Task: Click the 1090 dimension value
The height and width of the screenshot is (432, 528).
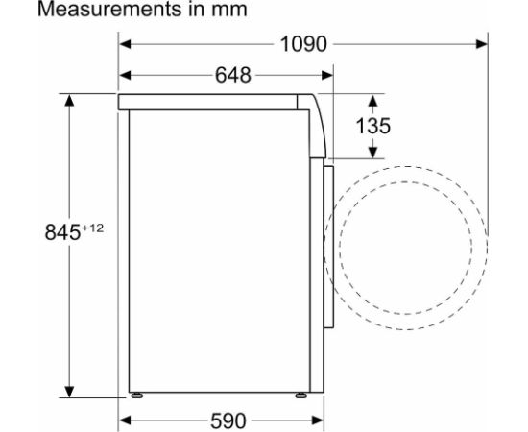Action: tap(303, 44)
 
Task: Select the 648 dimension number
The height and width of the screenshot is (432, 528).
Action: tap(233, 75)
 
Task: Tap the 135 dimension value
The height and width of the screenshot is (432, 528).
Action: tap(373, 126)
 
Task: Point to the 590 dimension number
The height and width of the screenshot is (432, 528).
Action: tap(228, 420)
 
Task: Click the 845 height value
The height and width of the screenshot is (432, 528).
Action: tap(62, 232)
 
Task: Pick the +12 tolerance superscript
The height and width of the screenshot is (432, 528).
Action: tap(92, 228)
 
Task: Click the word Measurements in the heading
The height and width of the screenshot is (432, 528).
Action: tap(109, 9)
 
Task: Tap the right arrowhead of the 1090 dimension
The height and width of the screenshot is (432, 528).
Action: tap(482, 44)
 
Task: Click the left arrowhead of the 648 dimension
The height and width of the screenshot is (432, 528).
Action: tap(125, 75)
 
